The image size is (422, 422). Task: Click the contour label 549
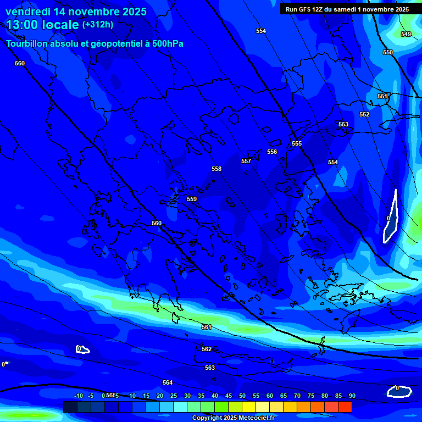pos(406,34)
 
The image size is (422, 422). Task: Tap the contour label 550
pos(388,52)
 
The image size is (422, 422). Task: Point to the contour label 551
pos(382,96)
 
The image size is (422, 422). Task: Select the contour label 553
pos(343,124)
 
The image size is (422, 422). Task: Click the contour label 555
pos(297,143)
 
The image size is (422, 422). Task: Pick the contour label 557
pos(246,161)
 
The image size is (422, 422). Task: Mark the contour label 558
pos(216,169)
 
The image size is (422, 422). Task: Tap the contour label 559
pos(192,199)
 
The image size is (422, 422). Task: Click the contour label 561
pos(207,327)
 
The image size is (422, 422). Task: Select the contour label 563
pos(210,368)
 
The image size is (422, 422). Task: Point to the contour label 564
pos(168,382)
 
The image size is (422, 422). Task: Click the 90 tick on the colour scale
pos(352,396)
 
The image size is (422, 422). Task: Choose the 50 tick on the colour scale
pos(242,396)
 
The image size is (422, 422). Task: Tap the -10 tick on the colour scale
pos(78,396)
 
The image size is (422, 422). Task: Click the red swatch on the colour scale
pos(345,407)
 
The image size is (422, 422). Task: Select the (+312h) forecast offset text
pos(98,24)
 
